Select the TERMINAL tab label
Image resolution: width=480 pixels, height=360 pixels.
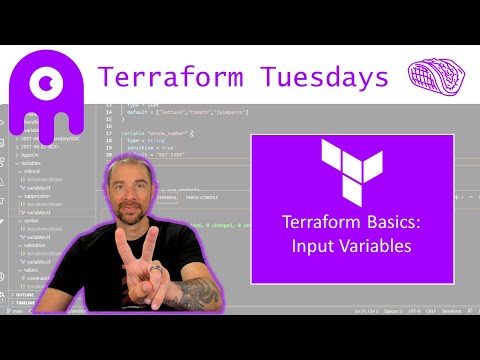pos(168,199)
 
